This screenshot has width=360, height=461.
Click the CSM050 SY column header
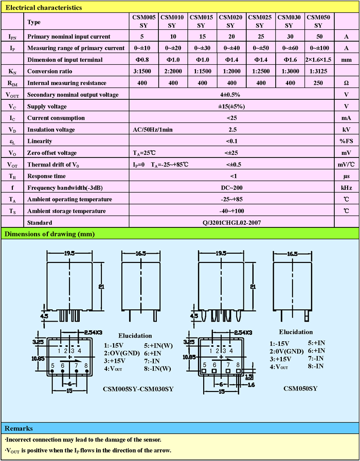click(317, 21)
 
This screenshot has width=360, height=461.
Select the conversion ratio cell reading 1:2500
click(259, 71)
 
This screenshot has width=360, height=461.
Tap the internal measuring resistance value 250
click(317, 83)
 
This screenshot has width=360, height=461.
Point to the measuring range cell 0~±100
click(317, 48)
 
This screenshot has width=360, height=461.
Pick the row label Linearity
click(40, 141)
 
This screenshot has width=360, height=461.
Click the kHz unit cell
click(347, 188)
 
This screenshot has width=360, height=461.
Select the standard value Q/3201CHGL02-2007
click(231, 223)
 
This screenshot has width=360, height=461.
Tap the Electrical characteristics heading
click(40, 8)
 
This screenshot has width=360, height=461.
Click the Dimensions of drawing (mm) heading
click(49, 234)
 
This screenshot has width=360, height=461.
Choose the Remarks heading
click(19, 428)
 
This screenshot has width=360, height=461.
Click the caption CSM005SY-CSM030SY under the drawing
click(138, 389)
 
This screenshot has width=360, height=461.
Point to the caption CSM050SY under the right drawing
click(300, 388)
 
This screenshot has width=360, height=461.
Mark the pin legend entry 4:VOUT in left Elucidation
click(114, 368)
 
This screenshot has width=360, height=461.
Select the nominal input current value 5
click(142, 37)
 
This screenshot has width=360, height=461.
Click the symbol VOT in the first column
click(12, 165)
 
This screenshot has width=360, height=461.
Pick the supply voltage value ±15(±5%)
click(231, 106)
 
